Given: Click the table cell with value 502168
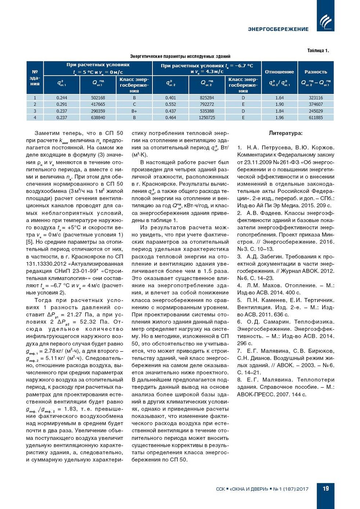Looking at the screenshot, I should [x=98, y=98].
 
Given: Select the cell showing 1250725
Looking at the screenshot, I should [x=207, y=118].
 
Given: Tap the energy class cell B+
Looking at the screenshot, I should [x=134, y=111].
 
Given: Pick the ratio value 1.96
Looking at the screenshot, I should [x=280, y=118].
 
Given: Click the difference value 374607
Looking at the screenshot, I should [x=316, y=104].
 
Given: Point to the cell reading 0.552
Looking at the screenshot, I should [x=170, y=104].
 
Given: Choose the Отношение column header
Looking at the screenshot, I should [x=279, y=72].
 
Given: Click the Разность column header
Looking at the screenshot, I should [x=316, y=72].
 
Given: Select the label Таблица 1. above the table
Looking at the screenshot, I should [x=318, y=51].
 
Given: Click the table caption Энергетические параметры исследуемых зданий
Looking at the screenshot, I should [x=180, y=56].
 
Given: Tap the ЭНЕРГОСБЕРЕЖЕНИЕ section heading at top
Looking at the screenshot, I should [x=278, y=29].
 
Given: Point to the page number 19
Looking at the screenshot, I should [x=326, y=488].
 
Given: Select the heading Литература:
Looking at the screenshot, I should [x=285, y=133].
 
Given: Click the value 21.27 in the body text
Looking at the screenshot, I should [x=75, y=315].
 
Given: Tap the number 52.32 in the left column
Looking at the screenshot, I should [x=88, y=322].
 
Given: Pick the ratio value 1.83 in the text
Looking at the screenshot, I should [x=70, y=409].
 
